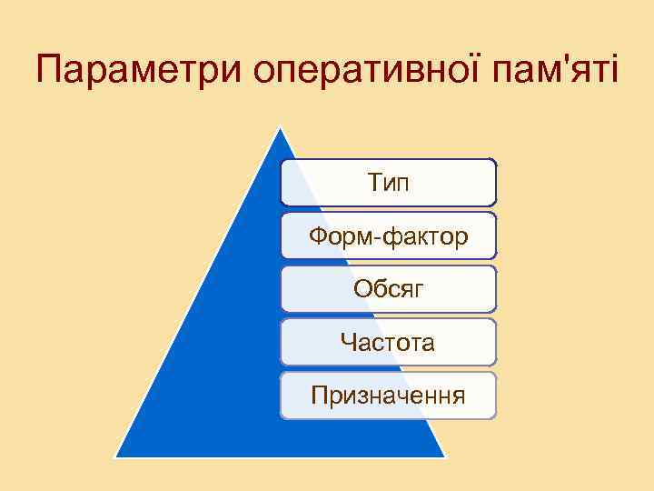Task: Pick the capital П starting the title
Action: pos(51,71)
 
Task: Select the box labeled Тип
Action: pos(388,182)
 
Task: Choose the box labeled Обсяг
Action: pos(388,289)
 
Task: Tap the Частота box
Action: pos(388,342)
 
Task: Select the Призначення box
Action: pos(388,396)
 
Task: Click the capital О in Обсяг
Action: pos(362,289)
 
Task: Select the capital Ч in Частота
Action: pos(347,343)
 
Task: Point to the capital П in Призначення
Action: pos(318,396)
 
